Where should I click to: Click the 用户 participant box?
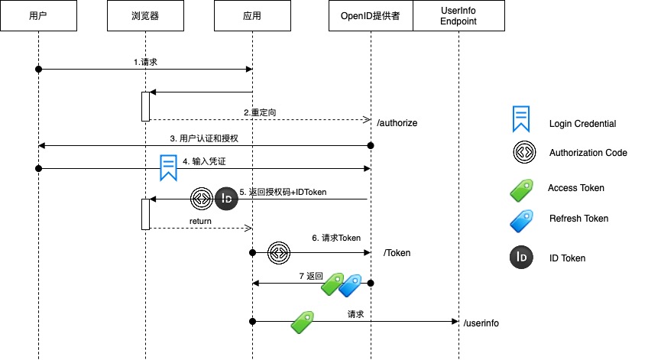pos(37,16)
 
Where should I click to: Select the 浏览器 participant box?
pos(144,16)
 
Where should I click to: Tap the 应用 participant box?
pos(252,16)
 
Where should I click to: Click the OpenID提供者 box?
pos(371,16)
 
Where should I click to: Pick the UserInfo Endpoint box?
pos(458,16)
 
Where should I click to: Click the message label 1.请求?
pos(144,62)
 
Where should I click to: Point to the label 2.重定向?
pos(260,112)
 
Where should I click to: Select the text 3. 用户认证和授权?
pos(204,138)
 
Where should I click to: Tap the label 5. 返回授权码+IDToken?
pos(283,192)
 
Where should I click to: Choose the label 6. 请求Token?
pos(335,238)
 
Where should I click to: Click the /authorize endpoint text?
pos(397,122)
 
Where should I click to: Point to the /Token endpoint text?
pos(397,252)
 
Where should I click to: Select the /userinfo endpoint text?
pos(481,323)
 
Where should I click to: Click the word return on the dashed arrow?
pos(200,221)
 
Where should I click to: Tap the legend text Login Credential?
pos(582,124)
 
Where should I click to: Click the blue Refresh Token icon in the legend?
pos(522,219)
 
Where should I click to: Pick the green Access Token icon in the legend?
pos(522,188)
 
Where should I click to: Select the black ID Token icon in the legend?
pos(522,258)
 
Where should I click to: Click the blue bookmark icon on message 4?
pos(168,167)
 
